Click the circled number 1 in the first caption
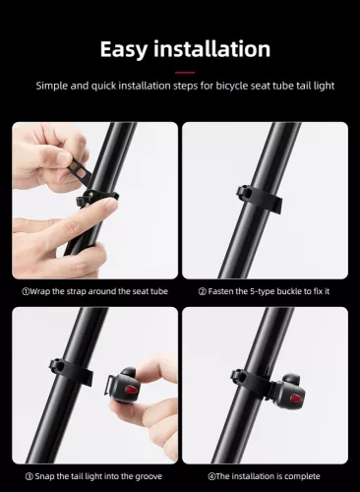click(26, 290)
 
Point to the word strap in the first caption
click(72, 290)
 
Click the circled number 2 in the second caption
click(201, 290)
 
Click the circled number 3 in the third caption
click(26, 476)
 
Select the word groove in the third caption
click(141, 476)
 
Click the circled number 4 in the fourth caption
click(210, 476)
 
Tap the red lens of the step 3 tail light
click(128, 394)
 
